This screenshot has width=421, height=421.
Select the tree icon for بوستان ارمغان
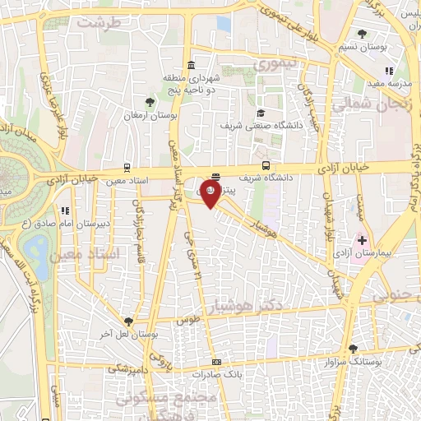(149, 101)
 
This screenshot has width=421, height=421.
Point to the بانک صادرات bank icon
(216, 362)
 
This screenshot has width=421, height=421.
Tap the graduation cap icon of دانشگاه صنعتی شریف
(261, 113)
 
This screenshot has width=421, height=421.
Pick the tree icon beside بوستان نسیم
(363, 34)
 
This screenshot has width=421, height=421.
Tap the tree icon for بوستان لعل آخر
(127, 322)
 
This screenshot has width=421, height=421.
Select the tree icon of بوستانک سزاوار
(353, 349)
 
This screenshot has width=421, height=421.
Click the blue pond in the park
(35, 246)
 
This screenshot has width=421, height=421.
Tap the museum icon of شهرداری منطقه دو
(190, 66)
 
